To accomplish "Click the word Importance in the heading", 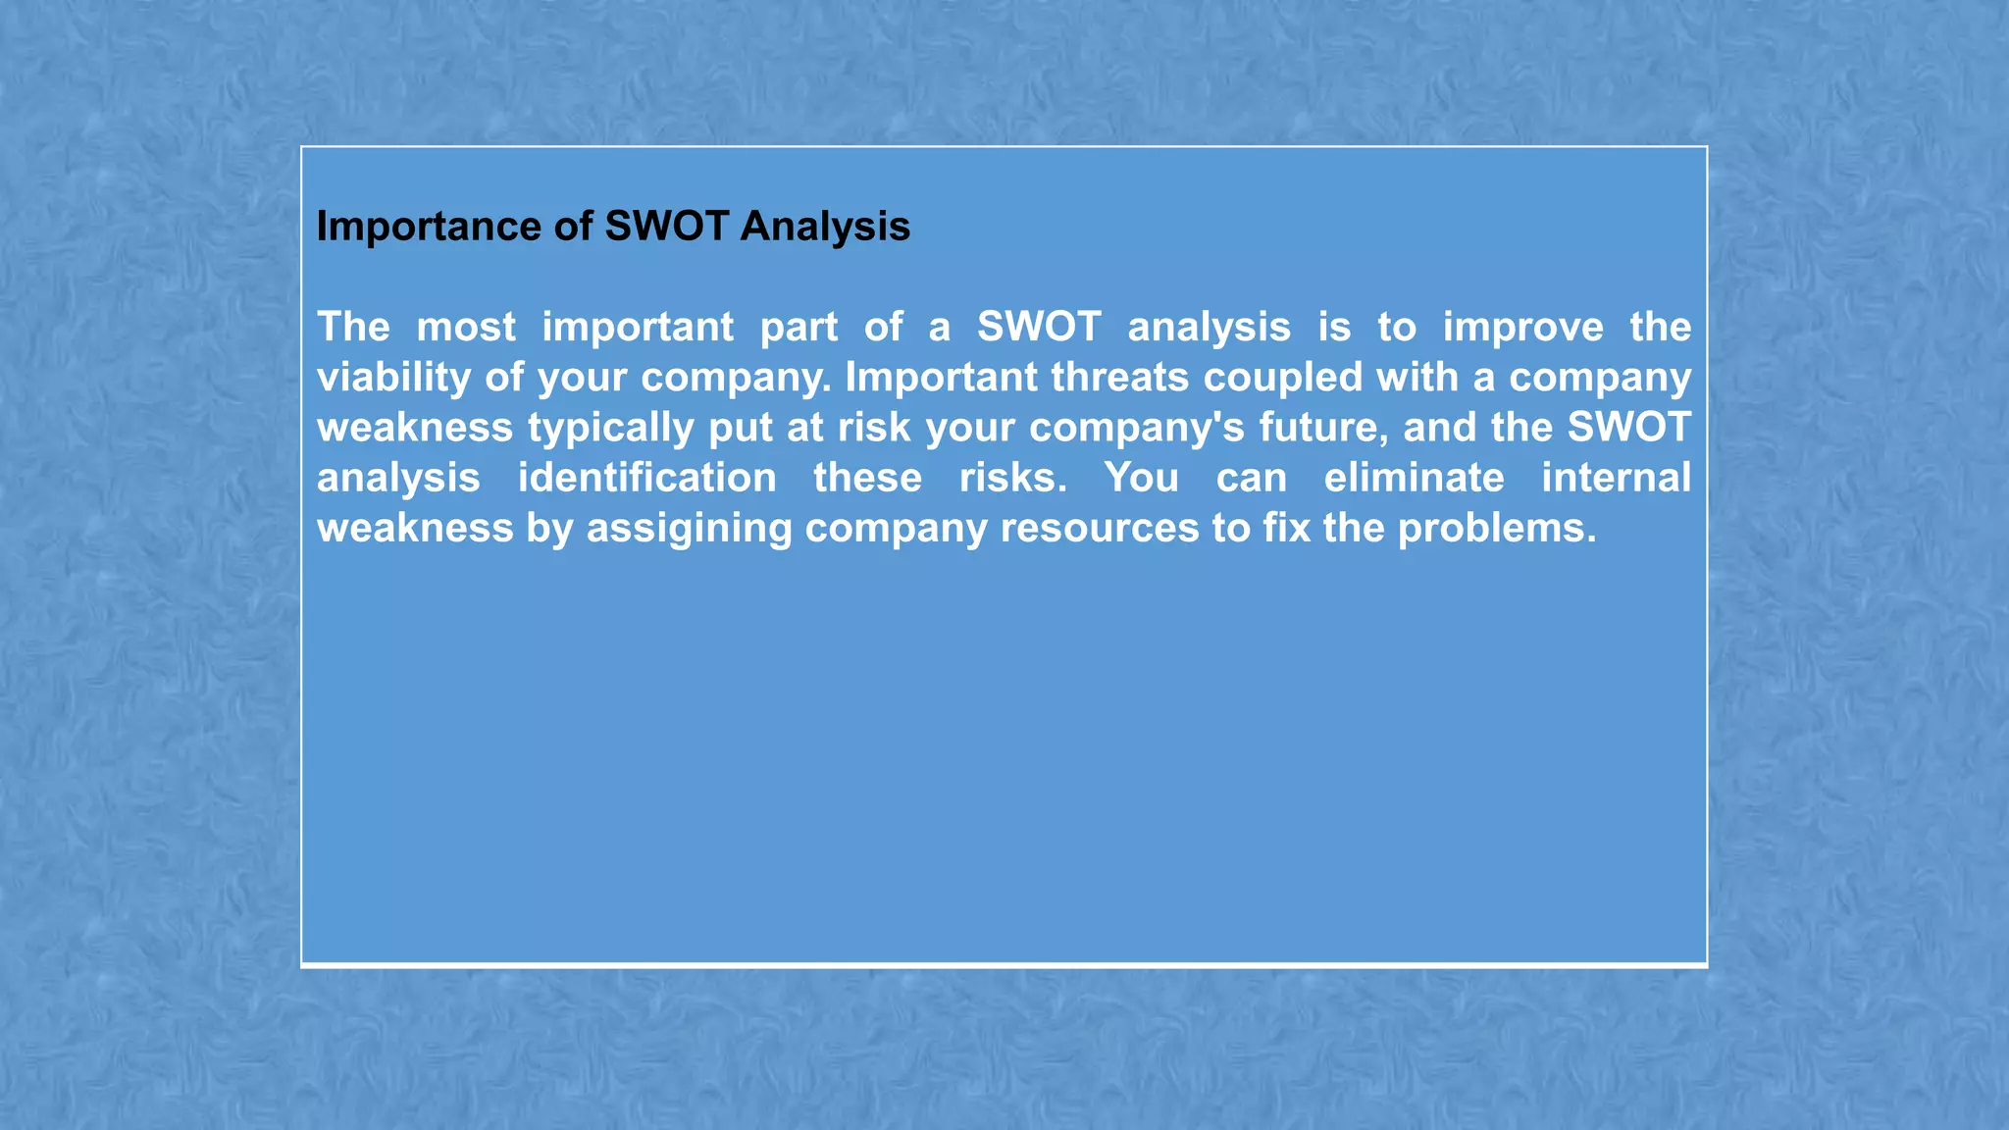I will pyautogui.click(x=428, y=228).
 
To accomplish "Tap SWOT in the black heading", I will pyautogui.click(x=666, y=227).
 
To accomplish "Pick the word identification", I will pyautogui.click(x=647, y=479).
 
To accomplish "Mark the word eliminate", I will pyautogui.click(x=1414, y=479).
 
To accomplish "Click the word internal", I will pyautogui.click(x=1616, y=479).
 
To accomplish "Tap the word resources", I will pyautogui.click(x=1099, y=529).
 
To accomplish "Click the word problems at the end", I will pyautogui.click(x=1496, y=529).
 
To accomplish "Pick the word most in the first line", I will pyautogui.click(x=466, y=328).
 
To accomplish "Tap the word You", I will pyautogui.click(x=1141, y=479).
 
